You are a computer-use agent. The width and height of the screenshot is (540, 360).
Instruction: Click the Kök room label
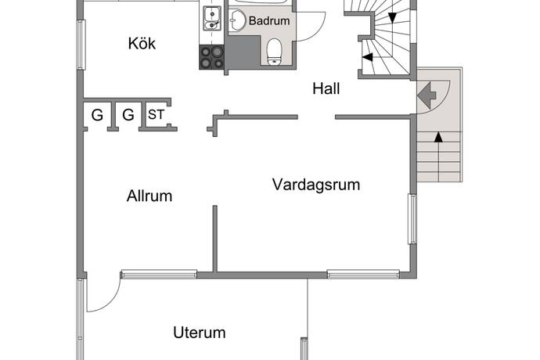point(142,44)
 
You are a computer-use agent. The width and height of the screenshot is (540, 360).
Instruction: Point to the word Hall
point(326,89)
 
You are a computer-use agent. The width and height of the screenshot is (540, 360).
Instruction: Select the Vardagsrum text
point(315,185)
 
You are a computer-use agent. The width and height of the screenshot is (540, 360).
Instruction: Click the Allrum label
point(149,196)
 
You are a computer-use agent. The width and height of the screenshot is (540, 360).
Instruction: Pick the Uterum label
point(199,333)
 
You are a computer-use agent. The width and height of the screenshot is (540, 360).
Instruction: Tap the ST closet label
point(157,115)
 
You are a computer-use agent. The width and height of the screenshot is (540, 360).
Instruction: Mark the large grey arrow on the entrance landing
point(427,95)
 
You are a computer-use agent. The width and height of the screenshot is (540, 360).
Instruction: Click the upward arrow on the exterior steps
point(437,139)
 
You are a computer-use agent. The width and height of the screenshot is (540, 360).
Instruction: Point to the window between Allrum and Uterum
point(158,274)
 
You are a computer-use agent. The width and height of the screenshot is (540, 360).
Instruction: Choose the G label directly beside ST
point(128,116)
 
